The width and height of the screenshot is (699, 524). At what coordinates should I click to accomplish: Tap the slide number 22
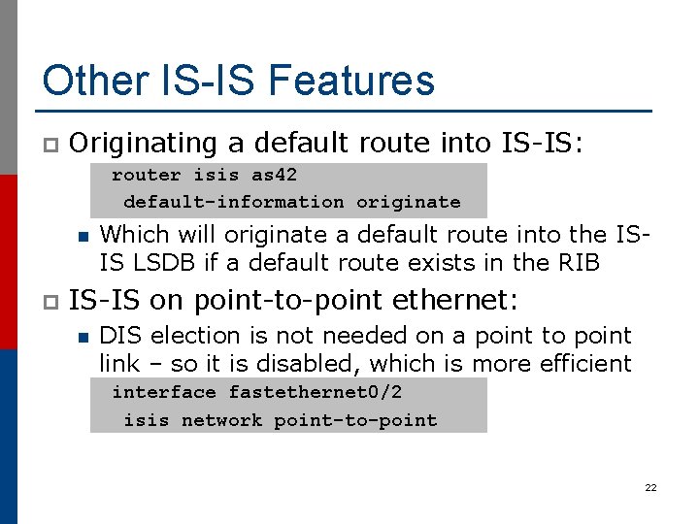point(650,487)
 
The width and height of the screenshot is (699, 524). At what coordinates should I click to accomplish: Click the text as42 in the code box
point(274,176)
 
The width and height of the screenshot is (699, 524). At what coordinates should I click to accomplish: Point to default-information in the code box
point(233,202)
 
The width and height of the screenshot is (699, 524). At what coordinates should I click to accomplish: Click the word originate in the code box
point(408,202)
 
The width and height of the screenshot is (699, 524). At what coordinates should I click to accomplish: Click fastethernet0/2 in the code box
point(315,392)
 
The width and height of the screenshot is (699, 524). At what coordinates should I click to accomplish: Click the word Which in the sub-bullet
point(129,234)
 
